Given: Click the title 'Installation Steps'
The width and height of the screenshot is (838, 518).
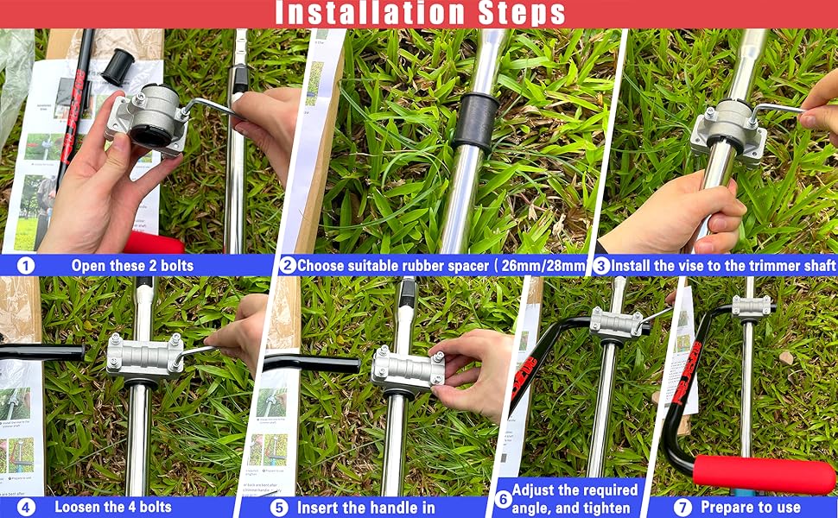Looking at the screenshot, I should click(x=420, y=14).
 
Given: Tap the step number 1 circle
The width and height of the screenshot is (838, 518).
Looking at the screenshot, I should click(x=26, y=265).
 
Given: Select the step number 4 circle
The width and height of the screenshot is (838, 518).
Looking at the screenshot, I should click(x=26, y=508).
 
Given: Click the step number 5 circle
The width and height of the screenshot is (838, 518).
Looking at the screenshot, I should click(x=278, y=508).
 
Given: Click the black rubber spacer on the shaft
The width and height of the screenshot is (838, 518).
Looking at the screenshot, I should click(x=473, y=123).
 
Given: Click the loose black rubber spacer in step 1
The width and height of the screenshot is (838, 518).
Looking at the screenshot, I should click(x=117, y=66).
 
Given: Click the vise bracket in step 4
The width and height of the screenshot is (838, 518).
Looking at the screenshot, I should click(x=144, y=357).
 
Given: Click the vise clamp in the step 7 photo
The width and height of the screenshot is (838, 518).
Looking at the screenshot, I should click(x=750, y=306).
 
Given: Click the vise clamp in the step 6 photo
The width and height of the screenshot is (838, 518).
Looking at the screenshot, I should click(x=616, y=324).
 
